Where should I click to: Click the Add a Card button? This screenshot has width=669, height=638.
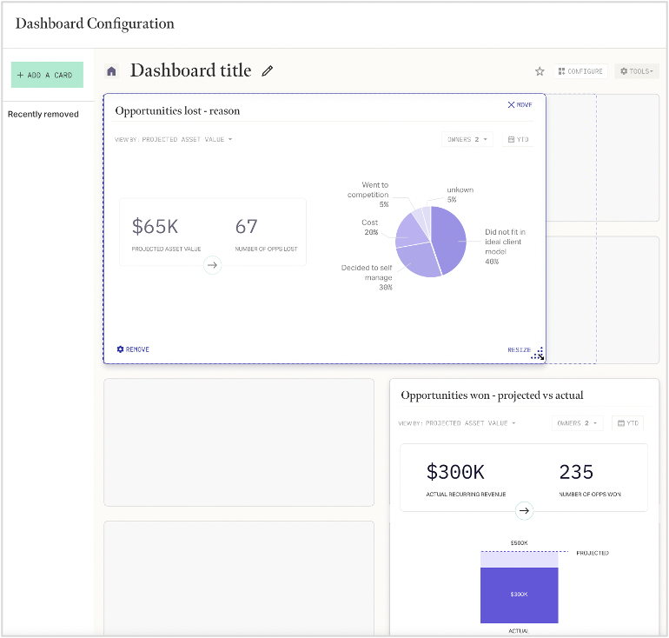(47, 75)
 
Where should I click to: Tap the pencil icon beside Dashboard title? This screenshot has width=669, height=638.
(268, 71)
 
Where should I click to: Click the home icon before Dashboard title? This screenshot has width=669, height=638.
(111, 71)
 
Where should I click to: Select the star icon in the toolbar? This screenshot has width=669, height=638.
(540, 71)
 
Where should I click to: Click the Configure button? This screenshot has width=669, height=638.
(580, 71)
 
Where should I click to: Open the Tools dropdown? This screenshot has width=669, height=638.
(636, 71)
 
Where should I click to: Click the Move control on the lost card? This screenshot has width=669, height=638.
(520, 104)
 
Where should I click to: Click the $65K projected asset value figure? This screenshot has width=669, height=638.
(155, 227)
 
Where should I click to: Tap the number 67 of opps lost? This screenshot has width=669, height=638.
(247, 227)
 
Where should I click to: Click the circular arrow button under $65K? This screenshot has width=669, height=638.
(213, 265)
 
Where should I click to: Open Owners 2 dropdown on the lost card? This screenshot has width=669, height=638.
(467, 139)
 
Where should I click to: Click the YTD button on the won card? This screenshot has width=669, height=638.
(627, 423)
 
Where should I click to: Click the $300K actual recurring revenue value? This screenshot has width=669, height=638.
(455, 472)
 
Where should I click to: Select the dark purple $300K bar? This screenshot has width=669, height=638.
(519, 595)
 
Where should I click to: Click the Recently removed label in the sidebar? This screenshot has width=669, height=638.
(43, 114)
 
